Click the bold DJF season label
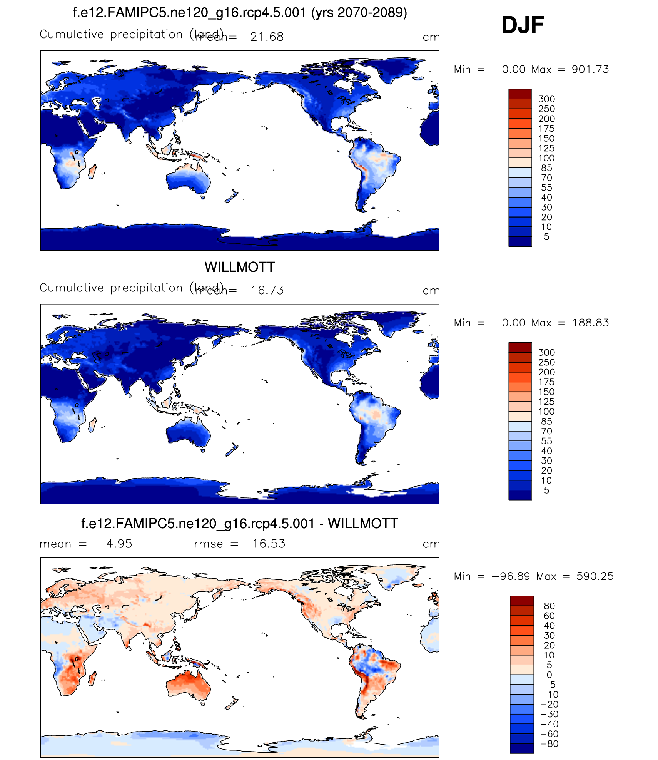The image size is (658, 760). pyautogui.click(x=523, y=25)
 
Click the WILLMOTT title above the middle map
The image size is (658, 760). pyautogui.click(x=239, y=267)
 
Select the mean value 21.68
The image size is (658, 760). pyautogui.click(x=267, y=37)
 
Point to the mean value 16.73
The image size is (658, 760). pyautogui.click(x=267, y=290)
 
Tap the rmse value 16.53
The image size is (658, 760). pyautogui.click(x=269, y=544)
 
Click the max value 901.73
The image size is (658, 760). pyautogui.click(x=590, y=70)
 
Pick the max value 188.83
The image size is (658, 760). pyautogui.click(x=590, y=323)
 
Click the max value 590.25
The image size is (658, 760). pyautogui.click(x=595, y=576)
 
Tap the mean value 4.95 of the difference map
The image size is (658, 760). pyautogui.click(x=119, y=544)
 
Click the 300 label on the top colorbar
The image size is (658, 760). pyautogui.click(x=546, y=99)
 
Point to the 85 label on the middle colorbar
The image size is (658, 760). pyautogui.click(x=546, y=422)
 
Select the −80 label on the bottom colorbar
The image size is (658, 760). pyautogui.click(x=549, y=744)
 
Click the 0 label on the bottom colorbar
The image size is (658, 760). pyautogui.click(x=549, y=675)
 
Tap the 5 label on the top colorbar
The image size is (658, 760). pyautogui.click(x=546, y=237)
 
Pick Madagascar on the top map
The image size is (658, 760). pyautogui.click(x=92, y=171)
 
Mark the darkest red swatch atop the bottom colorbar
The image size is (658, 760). pyautogui.click(x=522, y=601)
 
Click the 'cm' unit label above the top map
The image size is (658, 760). pyautogui.click(x=431, y=37)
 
